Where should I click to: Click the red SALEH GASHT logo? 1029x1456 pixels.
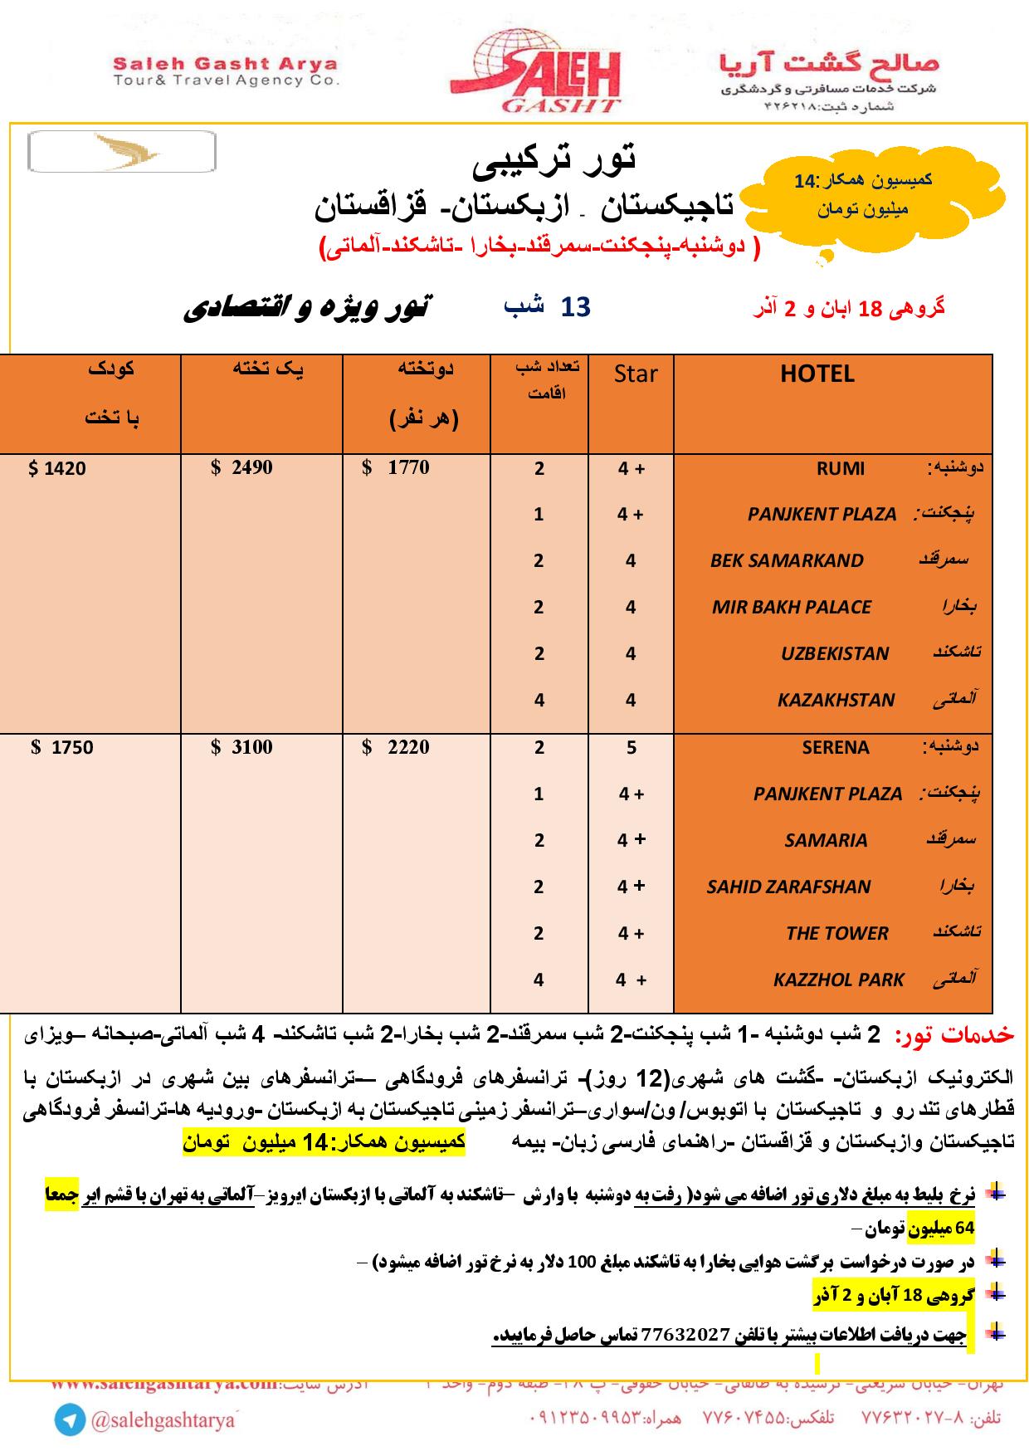547,71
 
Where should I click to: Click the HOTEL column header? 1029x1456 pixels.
817,374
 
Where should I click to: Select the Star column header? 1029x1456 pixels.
636,374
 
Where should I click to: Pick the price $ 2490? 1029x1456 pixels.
241,467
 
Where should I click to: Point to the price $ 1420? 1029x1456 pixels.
57,469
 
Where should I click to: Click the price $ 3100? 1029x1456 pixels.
241,747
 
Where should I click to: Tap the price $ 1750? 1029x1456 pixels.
62,747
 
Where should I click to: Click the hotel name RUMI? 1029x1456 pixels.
840,469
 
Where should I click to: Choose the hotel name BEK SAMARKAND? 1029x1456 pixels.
787,560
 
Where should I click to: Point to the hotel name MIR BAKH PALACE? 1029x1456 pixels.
791,607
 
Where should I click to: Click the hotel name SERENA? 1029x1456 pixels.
835,747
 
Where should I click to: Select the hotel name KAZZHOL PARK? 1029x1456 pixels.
838,980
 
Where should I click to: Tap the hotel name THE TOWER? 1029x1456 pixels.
836,933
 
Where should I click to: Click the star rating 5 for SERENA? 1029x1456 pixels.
631,747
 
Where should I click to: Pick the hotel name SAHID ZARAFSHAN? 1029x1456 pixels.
788,887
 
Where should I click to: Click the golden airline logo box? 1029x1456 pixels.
122,152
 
